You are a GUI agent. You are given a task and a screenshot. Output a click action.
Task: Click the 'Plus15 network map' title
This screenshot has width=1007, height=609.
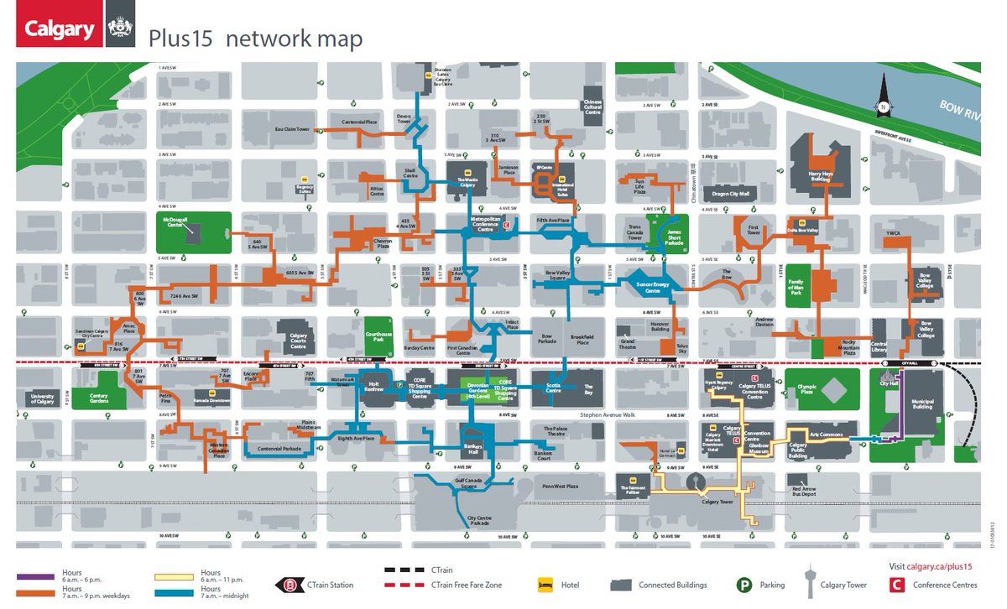(255, 39)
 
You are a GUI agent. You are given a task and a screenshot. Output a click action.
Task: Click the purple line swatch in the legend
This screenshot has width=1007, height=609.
(35, 577)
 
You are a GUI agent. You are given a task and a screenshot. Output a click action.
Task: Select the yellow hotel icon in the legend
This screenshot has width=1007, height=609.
(543, 585)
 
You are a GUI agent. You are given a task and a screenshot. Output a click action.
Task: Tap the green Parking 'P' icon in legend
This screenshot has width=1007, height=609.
(742, 585)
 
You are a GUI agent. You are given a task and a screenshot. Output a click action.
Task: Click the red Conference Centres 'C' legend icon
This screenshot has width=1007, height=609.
(896, 585)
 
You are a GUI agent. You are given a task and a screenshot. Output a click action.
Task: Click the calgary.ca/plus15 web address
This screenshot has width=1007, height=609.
(939, 567)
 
